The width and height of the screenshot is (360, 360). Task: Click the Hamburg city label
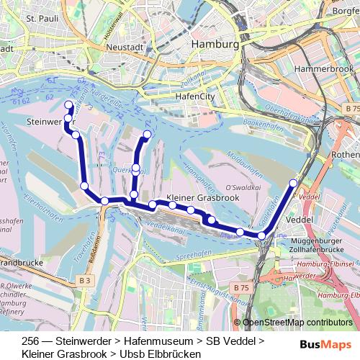click(x=215, y=45)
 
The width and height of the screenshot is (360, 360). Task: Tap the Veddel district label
click(x=300, y=218)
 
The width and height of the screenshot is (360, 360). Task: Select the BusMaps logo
click(x=325, y=345)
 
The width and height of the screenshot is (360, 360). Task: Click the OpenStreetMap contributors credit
click(x=297, y=323)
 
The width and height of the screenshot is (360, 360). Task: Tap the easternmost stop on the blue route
click(x=293, y=183)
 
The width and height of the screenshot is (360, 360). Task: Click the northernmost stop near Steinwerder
click(x=69, y=105)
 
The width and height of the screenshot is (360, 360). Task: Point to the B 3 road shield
click(x=85, y=279)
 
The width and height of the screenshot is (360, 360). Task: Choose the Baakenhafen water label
click(x=260, y=122)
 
